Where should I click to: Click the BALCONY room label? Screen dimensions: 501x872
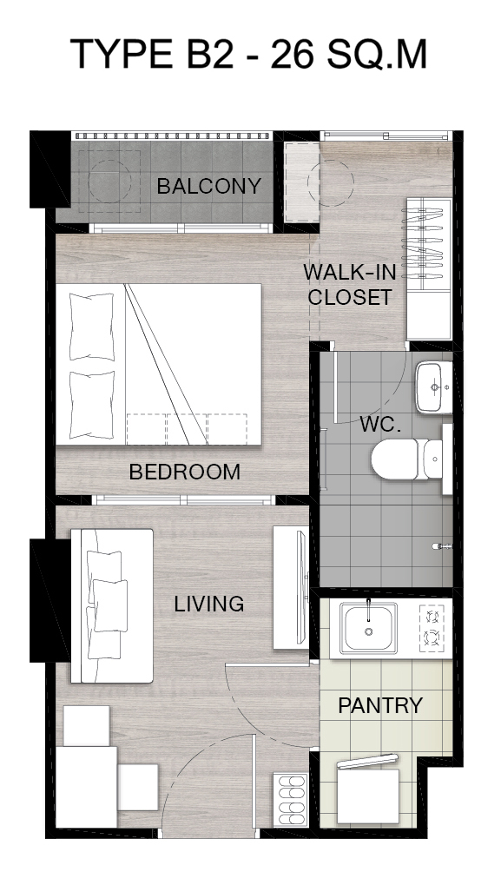[x=208, y=186]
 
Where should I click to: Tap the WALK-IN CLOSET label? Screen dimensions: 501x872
[x=350, y=285]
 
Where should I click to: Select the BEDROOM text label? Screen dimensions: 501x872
[x=185, y=472]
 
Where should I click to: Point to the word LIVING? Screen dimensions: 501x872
[x=209, y=604]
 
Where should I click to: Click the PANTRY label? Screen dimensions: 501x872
[x=380, y=705]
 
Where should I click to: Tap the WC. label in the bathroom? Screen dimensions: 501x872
[x=380, y=425]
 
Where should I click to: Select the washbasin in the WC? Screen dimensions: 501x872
[x=434, y=386]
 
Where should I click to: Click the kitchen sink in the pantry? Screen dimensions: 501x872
[x=368, y=629]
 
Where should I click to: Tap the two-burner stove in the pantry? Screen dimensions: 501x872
[x=432, y=626]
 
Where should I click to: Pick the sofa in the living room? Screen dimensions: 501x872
[x=112, y=605]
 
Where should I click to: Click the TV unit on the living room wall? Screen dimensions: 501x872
[x=291, y=588]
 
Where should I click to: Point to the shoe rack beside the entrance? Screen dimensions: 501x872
[x=290, y=800]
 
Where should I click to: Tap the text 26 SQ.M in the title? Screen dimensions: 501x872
[x=349, y=55]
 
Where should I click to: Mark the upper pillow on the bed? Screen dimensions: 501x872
[x=92, y=327]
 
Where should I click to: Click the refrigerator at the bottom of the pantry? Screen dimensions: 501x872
[x=367, y=792]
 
